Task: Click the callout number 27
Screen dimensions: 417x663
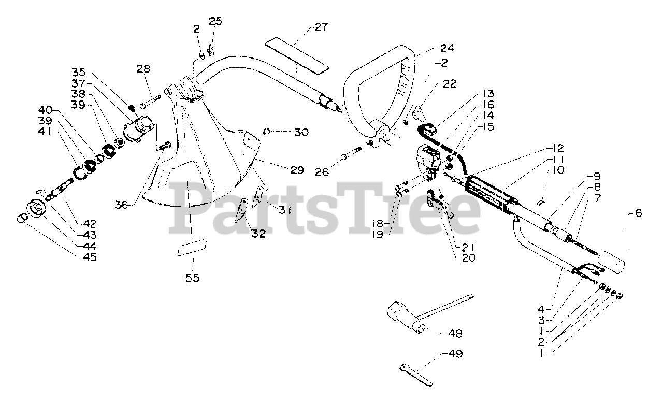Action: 321,27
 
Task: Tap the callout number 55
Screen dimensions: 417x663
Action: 192,278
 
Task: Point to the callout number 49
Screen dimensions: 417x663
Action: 455,354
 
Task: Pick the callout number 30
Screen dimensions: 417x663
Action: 300,132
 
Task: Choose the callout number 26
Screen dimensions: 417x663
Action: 322,171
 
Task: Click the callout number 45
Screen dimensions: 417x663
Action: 89,256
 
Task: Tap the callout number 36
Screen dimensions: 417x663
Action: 122,205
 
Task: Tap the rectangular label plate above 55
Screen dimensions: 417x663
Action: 193,247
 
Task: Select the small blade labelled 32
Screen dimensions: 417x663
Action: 240,209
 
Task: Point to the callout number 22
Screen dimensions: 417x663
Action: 450,84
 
